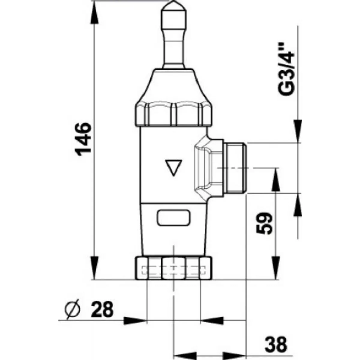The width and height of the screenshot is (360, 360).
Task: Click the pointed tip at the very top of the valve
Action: pyautogui.click(x=174, y=1)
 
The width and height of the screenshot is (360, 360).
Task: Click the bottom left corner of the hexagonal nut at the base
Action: pyautogui.click(x=135, y=285)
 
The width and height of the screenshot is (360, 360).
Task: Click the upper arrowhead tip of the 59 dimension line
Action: pyautogui.click(x=276, y=168)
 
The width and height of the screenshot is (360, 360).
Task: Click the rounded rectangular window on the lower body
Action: pyautogui.click(x=174, y=218)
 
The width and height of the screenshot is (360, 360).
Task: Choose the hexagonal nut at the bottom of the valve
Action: pyautogui.click(x=174, y=271)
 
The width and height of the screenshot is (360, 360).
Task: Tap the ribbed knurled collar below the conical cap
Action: pyautogui.click(x=174, y=114)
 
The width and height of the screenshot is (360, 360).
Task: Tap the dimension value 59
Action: pyautogui.click(x=264, y=223)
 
